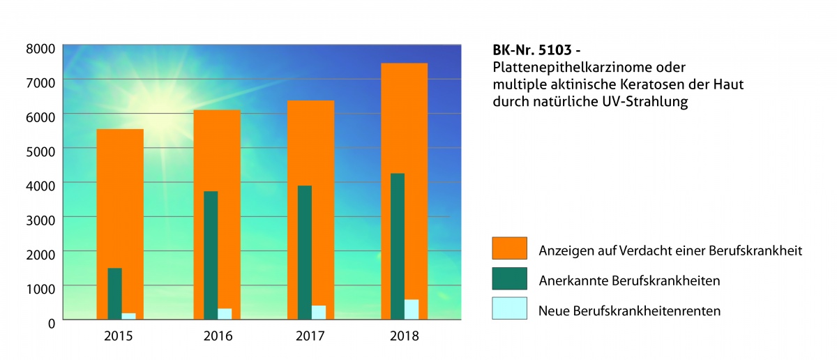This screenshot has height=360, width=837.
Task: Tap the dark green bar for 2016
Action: (211, 255)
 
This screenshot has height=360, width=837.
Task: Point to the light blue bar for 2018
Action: (412, 310)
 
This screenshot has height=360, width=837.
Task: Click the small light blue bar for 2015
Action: (128, 316)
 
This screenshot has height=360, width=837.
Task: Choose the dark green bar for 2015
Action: (114, 293)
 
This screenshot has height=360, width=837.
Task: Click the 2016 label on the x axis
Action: (217, 336)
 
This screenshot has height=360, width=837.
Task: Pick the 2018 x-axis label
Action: (405, 336)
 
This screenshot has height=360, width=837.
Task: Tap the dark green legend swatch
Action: (509, 280)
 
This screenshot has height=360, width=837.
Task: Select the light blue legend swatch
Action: (509, 308)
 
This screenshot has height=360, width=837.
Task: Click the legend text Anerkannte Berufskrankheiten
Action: (629, 280)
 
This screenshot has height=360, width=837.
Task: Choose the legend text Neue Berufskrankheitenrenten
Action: (629, 310)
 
